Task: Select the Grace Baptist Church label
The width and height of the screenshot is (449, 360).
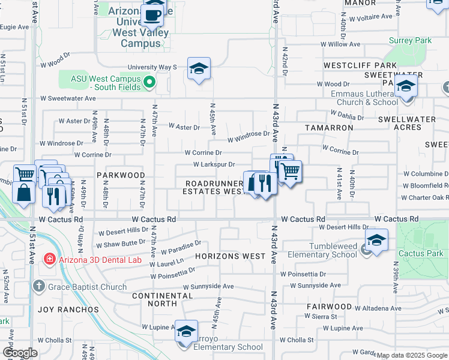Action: (88, 286)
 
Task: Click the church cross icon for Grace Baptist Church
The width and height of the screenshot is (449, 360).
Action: (40, 286)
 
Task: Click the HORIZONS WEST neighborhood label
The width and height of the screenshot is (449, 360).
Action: (231, 256)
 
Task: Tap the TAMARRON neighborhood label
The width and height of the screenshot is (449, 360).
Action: (329, 128)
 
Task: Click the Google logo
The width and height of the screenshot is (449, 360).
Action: (20, 353)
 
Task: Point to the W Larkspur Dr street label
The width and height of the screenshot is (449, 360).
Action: (213, 164)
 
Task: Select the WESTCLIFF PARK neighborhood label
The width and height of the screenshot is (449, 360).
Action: (360, 65)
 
